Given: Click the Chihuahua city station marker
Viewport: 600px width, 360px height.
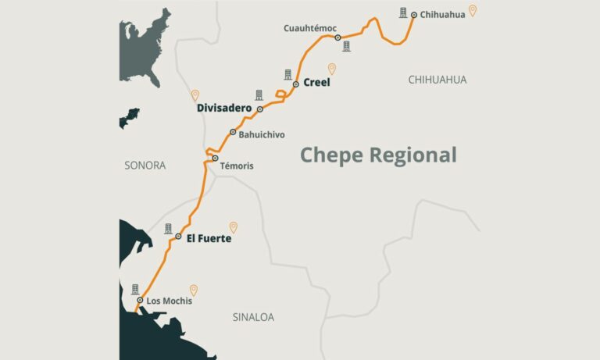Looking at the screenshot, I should click(x=414, y=14).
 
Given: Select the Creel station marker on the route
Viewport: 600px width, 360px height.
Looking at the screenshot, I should click(x=296, y=84).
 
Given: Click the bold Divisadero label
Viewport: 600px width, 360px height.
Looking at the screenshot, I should click(x=224, y=109).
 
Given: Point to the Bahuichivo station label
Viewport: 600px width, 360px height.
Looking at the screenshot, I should click(x=262, y=135).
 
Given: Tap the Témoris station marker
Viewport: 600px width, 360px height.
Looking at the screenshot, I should click(x=215, y=159).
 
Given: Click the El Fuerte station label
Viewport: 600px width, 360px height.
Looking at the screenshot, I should click(x=209, y=238).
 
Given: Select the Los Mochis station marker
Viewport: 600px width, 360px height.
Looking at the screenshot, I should click(x=140, y=301).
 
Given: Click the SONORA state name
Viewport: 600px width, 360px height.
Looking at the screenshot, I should click(x=145, y=166).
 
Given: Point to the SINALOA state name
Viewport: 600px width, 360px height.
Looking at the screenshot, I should click(x=254, y=317).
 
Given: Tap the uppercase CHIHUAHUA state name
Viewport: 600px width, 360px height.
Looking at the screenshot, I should click(x=437, y=80).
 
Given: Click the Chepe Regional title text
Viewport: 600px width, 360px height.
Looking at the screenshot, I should click(x=378, y=155).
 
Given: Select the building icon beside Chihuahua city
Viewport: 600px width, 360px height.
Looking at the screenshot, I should click(x=403, y=12).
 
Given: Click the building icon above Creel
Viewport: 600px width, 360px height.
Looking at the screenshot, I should click(x=288, y=74).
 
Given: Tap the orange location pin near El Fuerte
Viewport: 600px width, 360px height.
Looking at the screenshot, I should click(x=233, y=227).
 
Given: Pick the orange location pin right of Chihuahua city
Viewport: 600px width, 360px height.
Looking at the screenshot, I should click(x=473, y=11).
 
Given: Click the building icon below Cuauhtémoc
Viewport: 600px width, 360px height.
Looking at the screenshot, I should click(x=346, y=47).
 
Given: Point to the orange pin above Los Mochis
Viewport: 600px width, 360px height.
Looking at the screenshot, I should click(x=194, y=290).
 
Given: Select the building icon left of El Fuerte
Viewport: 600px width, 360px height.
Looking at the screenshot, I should click(x=168, y=229).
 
